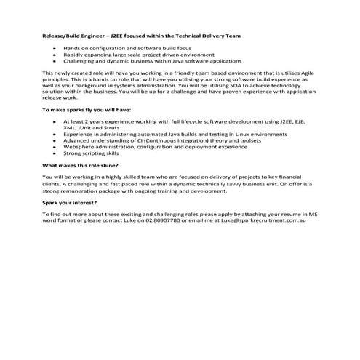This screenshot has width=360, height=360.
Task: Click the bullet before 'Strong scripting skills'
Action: (55, 153)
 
